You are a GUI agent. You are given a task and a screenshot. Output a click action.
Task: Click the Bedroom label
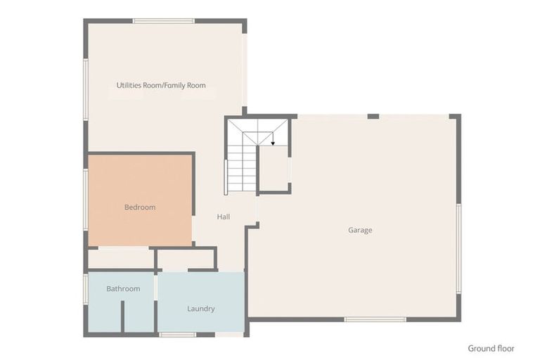140,207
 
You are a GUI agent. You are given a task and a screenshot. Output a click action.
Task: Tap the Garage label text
360,230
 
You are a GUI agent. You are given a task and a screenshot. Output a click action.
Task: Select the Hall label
224,217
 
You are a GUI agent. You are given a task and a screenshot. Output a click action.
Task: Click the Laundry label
201,309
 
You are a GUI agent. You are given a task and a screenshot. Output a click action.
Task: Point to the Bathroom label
123,289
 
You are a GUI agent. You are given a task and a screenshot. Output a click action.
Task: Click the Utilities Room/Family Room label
161,86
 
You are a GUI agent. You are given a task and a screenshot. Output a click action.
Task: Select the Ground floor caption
491,349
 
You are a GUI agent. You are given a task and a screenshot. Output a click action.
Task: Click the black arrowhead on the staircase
273,143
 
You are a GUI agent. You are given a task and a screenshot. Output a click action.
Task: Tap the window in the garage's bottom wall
375,320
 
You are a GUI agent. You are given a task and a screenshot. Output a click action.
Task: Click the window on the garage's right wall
458,249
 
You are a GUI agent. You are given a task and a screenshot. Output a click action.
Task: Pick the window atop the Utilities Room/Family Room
164,21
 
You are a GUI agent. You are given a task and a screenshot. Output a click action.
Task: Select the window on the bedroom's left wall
86,200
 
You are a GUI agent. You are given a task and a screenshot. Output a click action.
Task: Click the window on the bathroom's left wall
86,290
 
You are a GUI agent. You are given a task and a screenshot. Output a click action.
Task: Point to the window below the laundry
178,335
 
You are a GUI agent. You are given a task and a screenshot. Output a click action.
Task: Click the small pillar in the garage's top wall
373,117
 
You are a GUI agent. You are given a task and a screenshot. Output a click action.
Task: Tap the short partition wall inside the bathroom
122,316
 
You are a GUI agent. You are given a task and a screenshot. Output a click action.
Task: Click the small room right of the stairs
274,168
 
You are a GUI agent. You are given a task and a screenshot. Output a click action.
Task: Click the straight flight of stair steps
242,169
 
